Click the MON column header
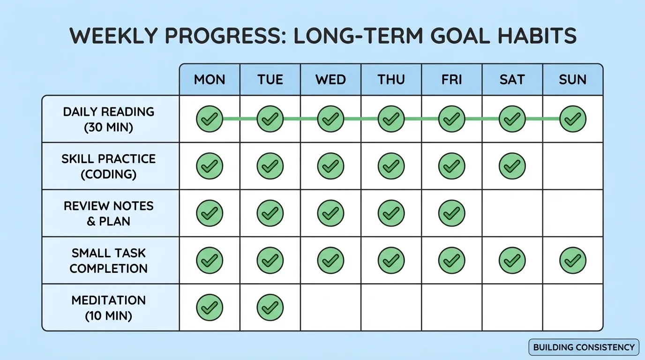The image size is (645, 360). tap(210, 79)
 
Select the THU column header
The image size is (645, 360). tap(391, 79)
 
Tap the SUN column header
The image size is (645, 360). tap(572, 79)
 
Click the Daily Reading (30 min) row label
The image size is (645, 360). tap(108, 119)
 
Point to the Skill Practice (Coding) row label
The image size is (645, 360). tap(108, 166)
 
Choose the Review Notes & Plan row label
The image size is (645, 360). tap(108, 213)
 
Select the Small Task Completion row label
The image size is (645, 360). tap(108, 261)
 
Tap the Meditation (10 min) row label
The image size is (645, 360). tap(108, 307)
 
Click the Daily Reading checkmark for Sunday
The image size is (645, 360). tap(572, 119)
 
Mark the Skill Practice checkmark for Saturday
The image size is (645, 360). tap(512, 166)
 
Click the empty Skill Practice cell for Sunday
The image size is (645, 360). tap(572, 166)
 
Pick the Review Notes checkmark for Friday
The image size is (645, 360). tap(451, 213)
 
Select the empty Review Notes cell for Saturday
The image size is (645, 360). tap(512, 213)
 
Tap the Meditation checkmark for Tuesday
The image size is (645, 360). tap(270, 307)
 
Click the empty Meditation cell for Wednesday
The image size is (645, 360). tap(330, 307)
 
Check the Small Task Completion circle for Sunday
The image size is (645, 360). tap(572, 261)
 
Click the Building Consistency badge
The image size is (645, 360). tap(584, 347)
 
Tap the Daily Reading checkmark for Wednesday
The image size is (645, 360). tap(330, 119)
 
